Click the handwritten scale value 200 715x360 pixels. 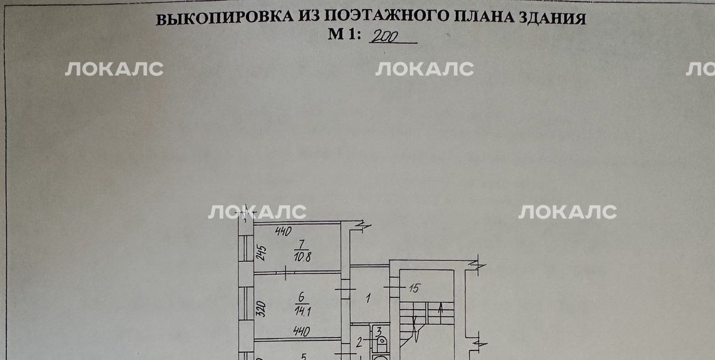point(386,36)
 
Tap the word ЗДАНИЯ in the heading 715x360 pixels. point(552,18)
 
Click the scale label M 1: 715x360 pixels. point(345,34)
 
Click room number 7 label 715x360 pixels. point(301,245)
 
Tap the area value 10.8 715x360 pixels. point(302,257)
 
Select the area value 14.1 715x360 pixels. point(303,311)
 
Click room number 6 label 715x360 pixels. point(301,297)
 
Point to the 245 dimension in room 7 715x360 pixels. point(261,253)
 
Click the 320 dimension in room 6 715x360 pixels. point(261,309)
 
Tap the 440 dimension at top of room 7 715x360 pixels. point(284,231)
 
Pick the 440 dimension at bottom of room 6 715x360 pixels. point(301,331)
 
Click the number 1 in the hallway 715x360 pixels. point(368,299)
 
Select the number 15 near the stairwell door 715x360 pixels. point(414,288)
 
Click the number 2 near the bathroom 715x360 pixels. point(359,343)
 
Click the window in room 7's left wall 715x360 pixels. point(246,249)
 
